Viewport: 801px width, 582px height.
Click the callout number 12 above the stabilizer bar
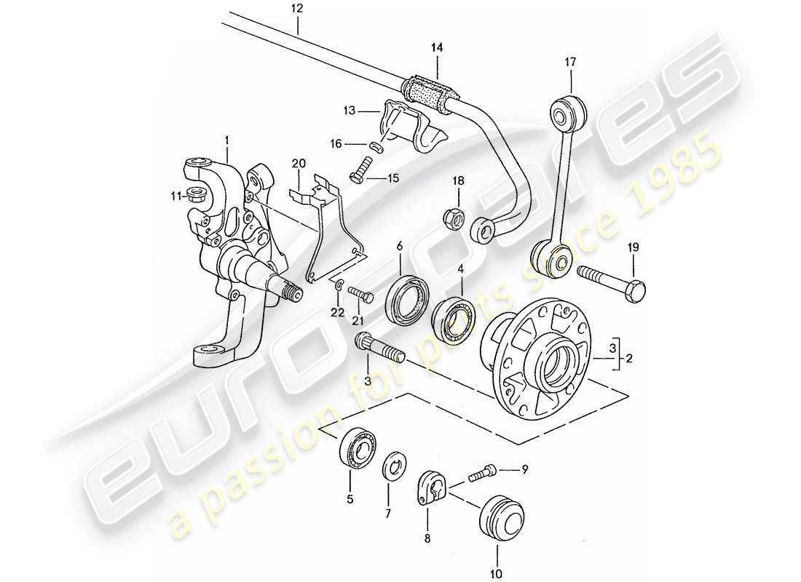(297, 9)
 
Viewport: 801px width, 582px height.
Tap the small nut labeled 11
(194, 194)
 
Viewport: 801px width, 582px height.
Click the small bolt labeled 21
(360, 295)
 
